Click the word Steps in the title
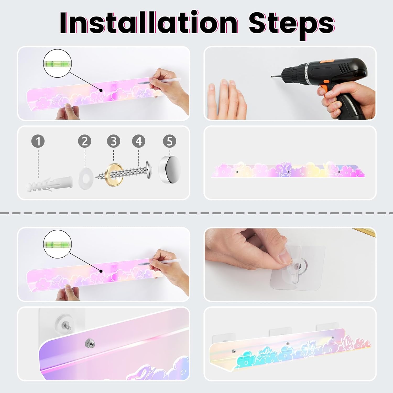coord(291,25)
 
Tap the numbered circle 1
coord(38,141)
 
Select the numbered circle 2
coord(85,141)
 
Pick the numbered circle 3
coord(113,141)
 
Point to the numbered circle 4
coord(139,141)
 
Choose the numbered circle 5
coord(170,141)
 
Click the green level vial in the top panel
coord(57,63)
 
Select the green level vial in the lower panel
coord(57,244)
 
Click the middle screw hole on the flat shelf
coord(288,172)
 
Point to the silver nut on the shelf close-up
coord(90,343)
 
